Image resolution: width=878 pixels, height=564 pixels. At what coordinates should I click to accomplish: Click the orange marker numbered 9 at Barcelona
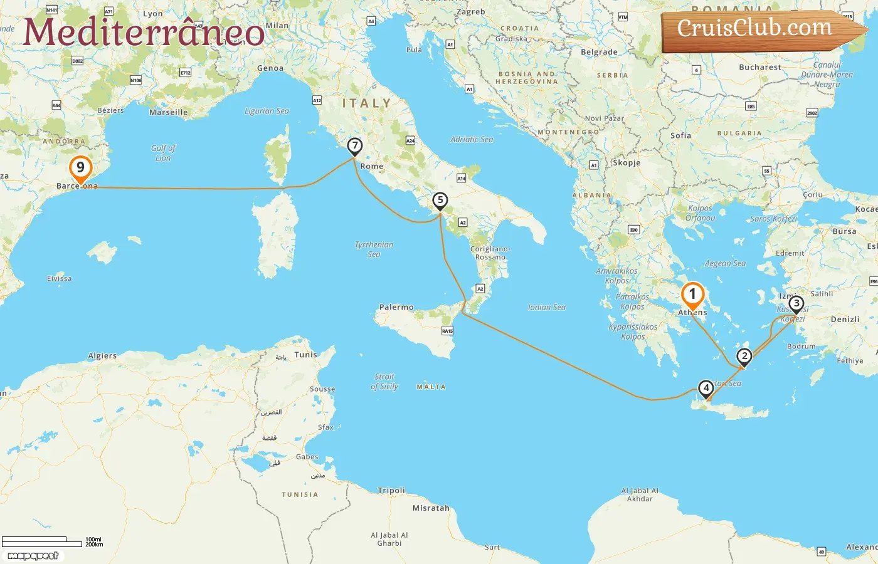click(x=80, y=169)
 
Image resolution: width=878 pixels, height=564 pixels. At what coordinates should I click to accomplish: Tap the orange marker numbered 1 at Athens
click(x=692, y=295)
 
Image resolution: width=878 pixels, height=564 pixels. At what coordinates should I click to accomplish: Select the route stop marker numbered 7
click(x=355, y=147)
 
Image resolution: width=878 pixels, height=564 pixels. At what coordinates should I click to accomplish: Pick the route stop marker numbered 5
click(x=440, y=201)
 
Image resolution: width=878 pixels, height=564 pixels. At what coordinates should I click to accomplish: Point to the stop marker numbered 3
click(x=796, y=305)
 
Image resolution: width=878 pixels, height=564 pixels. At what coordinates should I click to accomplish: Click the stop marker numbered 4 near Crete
click(x=706, y=389)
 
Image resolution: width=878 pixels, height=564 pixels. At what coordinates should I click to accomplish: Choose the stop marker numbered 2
click(x=744, y=357)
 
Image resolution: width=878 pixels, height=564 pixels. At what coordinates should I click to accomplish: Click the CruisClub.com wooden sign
click(x=759, y=29)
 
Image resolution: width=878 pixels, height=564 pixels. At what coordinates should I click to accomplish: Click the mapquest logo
click(x=33, y=556)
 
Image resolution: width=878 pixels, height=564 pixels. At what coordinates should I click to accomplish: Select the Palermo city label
click(x=396, y=307)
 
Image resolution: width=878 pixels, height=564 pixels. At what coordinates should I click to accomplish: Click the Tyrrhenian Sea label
click(x=374, y=249)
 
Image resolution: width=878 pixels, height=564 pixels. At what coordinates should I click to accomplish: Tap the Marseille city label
click(x=168, y=112)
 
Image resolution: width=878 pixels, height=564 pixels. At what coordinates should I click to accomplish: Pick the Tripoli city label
click(x=391, y=490)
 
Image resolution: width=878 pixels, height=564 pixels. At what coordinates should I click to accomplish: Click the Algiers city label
click(x=102, y=355)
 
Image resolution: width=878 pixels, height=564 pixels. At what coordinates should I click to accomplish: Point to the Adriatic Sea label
click(x=472, y=139)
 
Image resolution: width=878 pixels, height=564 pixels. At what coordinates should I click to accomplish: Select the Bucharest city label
click(x=760, y=67)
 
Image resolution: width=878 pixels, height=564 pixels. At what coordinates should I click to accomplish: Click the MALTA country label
click(x=431, y=387)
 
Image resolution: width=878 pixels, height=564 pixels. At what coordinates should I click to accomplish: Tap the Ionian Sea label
click(x=547, y=307)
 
